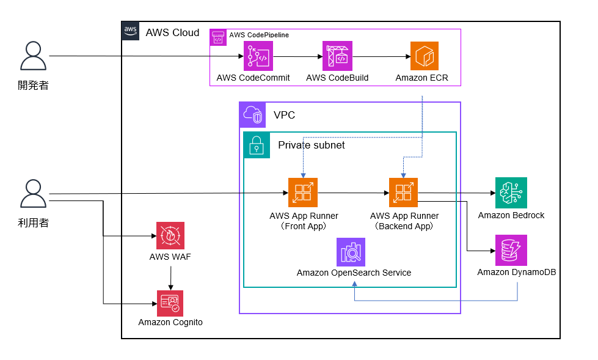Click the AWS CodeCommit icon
click(x=258, y=56)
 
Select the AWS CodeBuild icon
click(x=337, y=56)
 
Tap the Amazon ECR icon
click(x=425, y=56)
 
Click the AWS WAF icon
click(x=170, y=235)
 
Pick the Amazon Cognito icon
click(x=170, y=303)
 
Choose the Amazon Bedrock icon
click(x=511, y=193)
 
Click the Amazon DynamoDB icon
click(x=511, y=250)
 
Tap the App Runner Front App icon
click(x=303, y=193)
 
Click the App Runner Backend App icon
click(x=404, y=193)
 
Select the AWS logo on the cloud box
click(x=131, y=31)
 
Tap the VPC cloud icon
click(x=253, y=114)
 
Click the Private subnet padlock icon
click(x=257, y=145)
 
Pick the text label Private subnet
click(x=311, y=145)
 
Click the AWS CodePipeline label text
click(x=259, y=35)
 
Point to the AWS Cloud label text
click(x=172, y=32)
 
